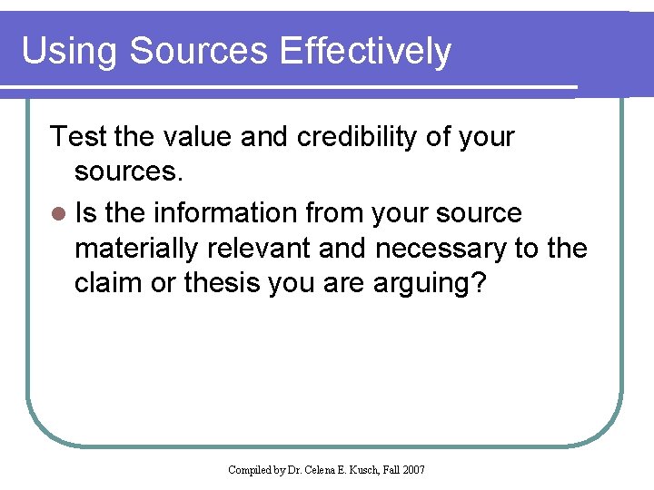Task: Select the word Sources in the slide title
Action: pyautogui.click(x=200, y=52)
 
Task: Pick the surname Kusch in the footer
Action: pyautogui.click(x=362, y=469)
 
